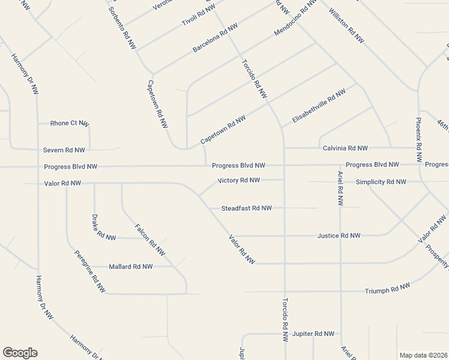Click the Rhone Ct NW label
click(x=69, y=123)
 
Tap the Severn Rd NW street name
click(x=64, y=149)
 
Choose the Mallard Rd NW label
click(x=130, y=266)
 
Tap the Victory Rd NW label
click(x=238, y=180)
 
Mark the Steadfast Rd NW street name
click(x=247, y=208)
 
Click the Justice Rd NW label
click(x=339, y=236)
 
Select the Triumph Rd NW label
click(x=388, y=289)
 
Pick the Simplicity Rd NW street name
click(x=381, y=182)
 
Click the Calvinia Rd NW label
click(x=345, y=148)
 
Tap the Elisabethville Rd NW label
click(x=319, y=107)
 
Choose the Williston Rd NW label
click(x=346, y=26)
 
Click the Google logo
click(x=20, y=353)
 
